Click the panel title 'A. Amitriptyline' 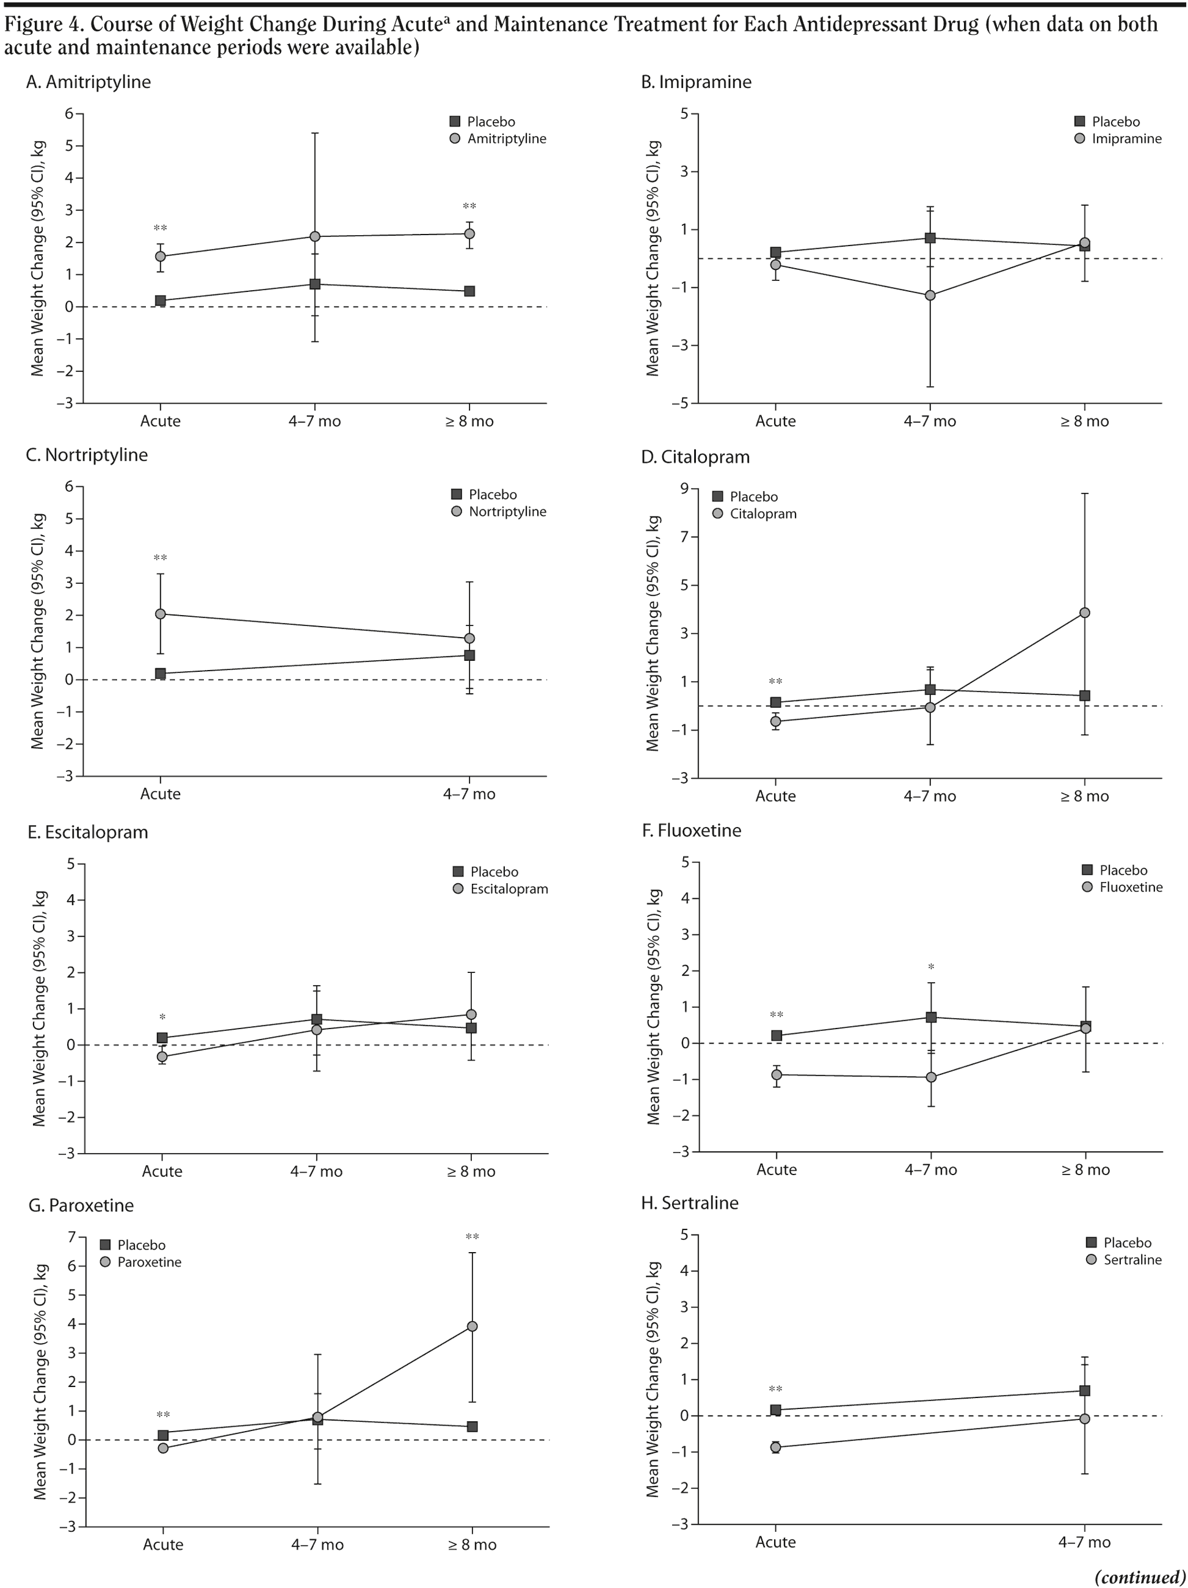[89, 82]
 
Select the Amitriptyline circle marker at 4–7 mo [315, 236]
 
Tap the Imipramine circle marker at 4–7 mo [930, 295]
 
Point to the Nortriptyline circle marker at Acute [160, 614]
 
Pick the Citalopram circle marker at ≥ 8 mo [1085, 613]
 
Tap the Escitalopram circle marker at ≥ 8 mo [471, 1014]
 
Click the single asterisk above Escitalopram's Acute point [162, 1018]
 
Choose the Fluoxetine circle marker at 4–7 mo [931, 1077]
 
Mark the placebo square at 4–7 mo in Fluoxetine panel [931, 1018]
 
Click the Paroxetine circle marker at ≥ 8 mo [472, 1326]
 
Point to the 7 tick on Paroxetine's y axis [72, 1236]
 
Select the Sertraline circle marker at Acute [775, 1448]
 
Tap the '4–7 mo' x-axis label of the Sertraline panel [1084, 1542]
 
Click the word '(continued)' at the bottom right [1139, 1576]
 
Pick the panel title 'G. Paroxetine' [81, 1204]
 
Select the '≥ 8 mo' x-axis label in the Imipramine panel [1084, 421]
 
